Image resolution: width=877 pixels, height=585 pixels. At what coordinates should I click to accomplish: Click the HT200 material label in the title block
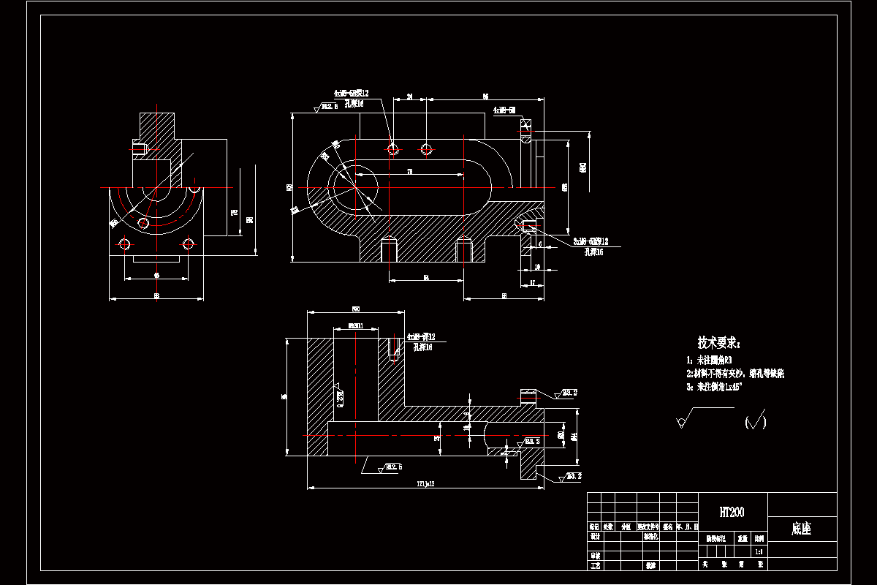pyautogui.click(x=732, y=512)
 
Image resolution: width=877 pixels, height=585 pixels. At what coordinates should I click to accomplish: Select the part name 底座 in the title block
pyautogui.click(x=801, y=529)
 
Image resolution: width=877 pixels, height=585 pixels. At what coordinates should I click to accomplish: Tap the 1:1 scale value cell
pyautogui.click(x=759, y=552)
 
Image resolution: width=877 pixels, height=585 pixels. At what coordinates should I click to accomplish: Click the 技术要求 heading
pyautogui.click(x=719, y=342)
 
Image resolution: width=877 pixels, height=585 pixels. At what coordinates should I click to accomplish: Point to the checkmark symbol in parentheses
pyautogui.click(x=755, y=422)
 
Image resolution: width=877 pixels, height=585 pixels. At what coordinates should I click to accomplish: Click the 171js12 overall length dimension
pyautogui.click(x=425, y=483)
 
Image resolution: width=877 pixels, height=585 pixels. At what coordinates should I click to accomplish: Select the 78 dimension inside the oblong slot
pyautogui.click(x=410, y=171)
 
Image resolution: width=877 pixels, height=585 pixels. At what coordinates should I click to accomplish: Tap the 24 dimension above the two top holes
pyautogui.click(x=410, y=97)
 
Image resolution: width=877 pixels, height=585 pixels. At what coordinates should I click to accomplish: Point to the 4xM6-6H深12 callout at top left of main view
pyautogui.click(x=352, y=94)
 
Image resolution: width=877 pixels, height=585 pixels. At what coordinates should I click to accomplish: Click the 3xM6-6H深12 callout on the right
pyautogui.click(x=591, y=241)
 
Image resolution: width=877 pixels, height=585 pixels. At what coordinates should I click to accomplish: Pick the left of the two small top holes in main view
pyautogui.click(x=393, y=149)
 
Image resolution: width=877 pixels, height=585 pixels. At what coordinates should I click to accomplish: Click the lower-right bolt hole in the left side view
pyautogui.click(x=189, y=244)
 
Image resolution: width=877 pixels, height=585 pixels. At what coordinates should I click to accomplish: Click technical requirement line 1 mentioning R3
pyautogui.click(x=710, y=361)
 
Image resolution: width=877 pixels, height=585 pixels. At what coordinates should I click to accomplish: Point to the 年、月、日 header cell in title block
pyautogui.click(x=687, y=526)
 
